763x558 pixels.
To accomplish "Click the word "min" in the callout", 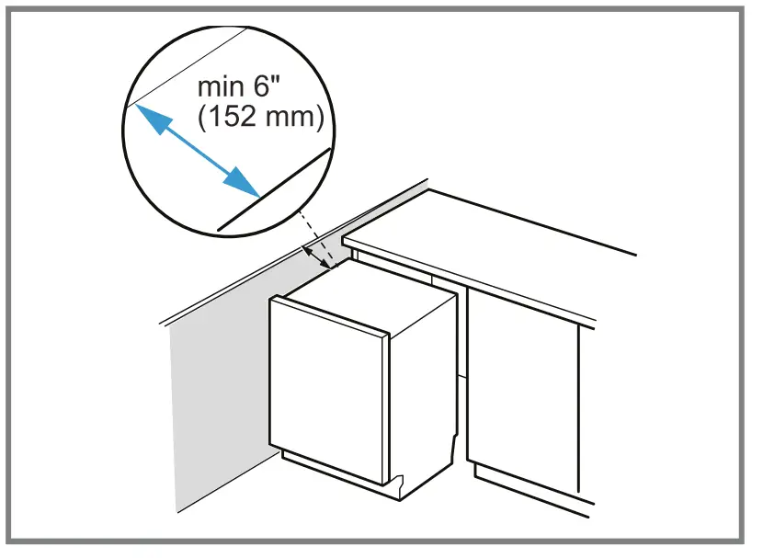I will [x=219, y=89].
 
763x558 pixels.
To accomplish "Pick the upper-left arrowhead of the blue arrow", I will [x=146, y=112].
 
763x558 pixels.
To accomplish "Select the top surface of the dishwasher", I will [x=368, y=295].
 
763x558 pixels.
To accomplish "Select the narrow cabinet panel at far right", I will [x=586, y=414].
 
